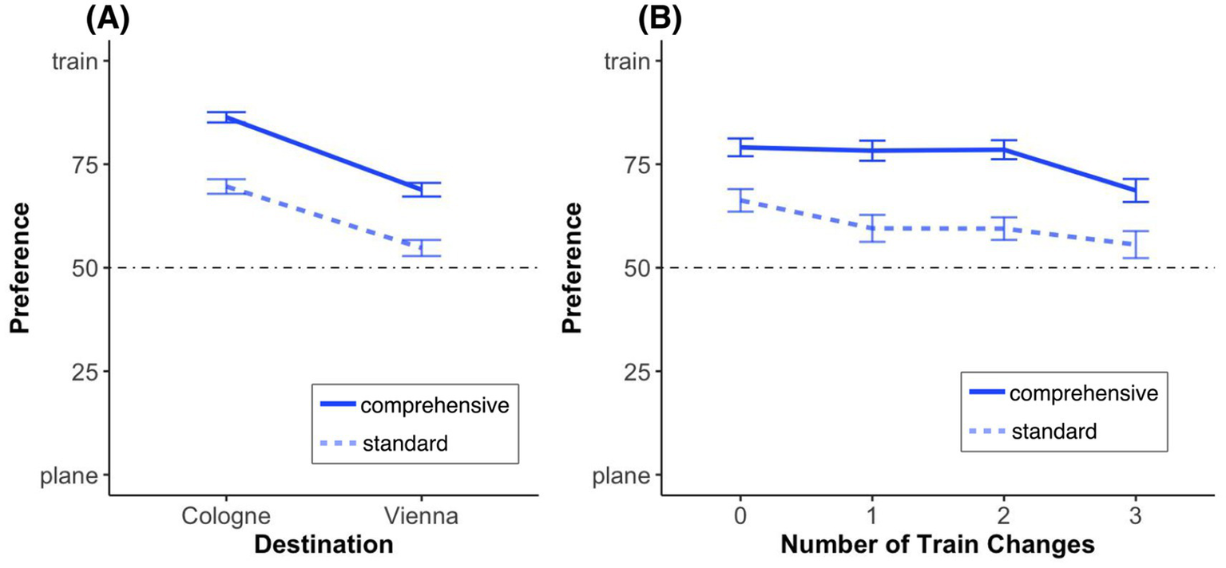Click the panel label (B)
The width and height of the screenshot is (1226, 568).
[659, 18]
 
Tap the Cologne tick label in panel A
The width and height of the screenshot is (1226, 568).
[225, 516]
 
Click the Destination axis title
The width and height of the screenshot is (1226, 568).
[323, 546]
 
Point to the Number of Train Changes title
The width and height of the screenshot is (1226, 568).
[937, 546]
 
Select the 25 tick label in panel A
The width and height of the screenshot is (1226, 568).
[80, 372]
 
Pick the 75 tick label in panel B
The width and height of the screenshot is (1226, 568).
[634, 164]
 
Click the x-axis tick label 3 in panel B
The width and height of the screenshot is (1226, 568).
[1135, 516]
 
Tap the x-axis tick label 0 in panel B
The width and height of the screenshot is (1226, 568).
[740, 516]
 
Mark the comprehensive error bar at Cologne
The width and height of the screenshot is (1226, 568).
[226, 117]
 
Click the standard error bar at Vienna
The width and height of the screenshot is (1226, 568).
[421, 247]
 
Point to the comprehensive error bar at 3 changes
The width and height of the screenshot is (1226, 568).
[1135, 190]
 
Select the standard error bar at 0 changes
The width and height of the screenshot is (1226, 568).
[740, 200]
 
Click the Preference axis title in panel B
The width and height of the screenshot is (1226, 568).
[573, 267]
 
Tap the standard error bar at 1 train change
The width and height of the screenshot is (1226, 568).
[872, 228]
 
